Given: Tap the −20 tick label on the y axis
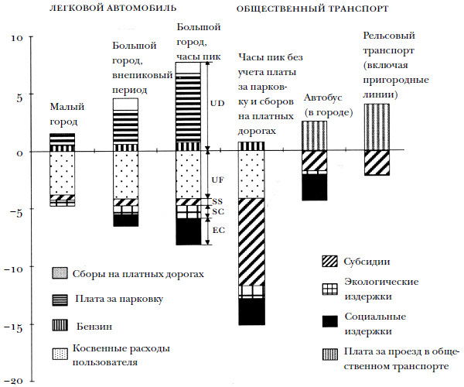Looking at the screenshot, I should click(x=15, y=382).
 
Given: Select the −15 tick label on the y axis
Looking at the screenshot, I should click(x=15, y=325).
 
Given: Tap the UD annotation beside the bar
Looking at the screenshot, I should click(x=217, y=102).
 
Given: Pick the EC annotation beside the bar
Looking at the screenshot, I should click(x=217, y=230).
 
